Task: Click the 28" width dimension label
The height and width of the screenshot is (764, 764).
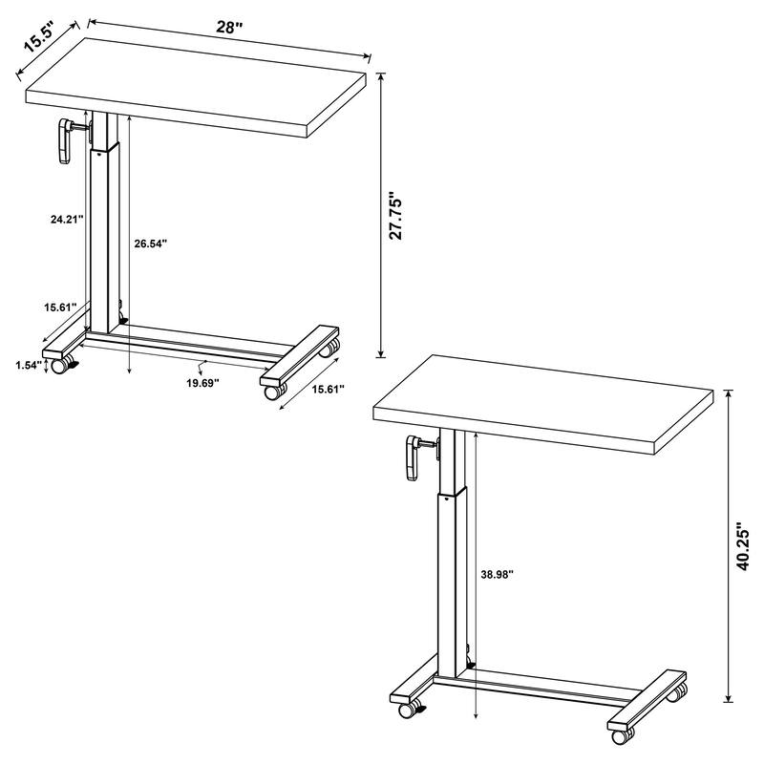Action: pos(229,29)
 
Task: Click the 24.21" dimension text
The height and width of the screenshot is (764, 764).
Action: pos(68,219)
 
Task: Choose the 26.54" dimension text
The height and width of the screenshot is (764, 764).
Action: pos(151,244)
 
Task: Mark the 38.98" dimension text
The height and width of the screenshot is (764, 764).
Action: pos(498,575)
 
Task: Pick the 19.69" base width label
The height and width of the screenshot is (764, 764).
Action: pos(202,382)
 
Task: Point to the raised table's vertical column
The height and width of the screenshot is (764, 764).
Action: pos(453,573)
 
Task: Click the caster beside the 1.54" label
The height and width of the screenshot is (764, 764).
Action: pos(60,366)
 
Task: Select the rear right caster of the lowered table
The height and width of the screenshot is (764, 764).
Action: pos(329,350)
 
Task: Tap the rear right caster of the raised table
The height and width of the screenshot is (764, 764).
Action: pos(677,692)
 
